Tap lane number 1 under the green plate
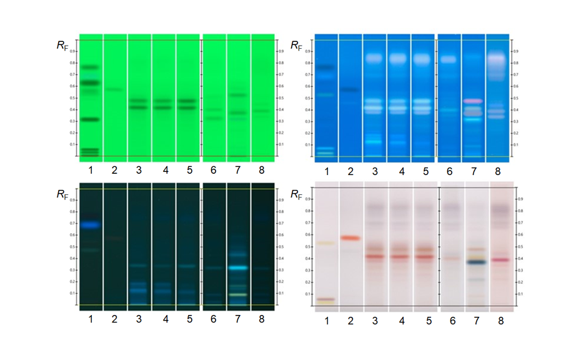(x=90, y=170)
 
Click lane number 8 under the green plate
(x=262, y=170)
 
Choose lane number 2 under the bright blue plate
(x=350, y=171)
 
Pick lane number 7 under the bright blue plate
(x=473, y=171)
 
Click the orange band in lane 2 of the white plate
(x=350, y=238)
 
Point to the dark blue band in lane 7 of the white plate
(x=477, y=262)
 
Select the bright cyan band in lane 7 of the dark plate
(x=238, y=267)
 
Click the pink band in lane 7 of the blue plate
(x=473, y=101)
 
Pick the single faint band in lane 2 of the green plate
(x=114, y=89)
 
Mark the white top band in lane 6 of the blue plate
(x=449, y=59)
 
